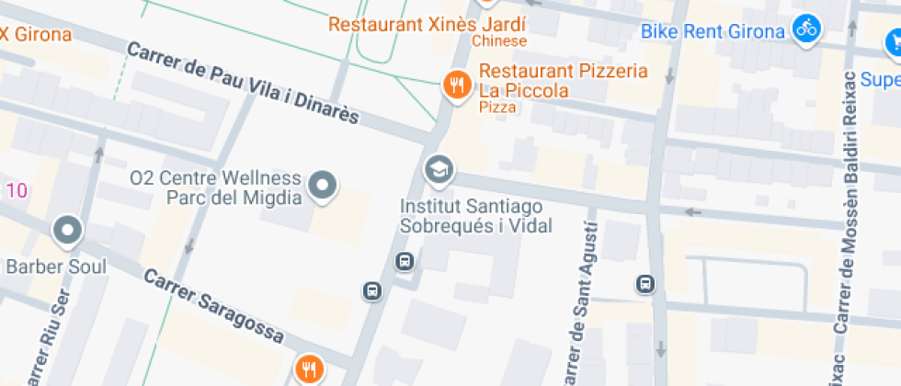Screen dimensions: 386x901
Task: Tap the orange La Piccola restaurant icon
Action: point(456,85)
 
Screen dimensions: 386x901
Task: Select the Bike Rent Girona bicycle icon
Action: point(806,28)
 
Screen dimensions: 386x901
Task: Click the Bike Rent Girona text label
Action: point(713,31)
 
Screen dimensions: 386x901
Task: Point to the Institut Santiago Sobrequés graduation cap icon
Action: point(439,169)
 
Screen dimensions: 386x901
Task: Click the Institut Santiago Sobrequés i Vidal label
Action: point(471,214)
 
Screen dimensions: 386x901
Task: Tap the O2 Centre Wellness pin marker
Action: point(322,186)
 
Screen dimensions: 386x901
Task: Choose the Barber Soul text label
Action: point(56,267)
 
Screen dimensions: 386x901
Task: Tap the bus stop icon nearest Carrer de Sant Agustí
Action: point(645,285)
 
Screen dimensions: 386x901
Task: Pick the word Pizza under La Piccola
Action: point(496,108)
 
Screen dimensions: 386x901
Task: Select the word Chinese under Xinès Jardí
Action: point(499,41)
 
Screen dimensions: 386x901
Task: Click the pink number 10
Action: point(16,191)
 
